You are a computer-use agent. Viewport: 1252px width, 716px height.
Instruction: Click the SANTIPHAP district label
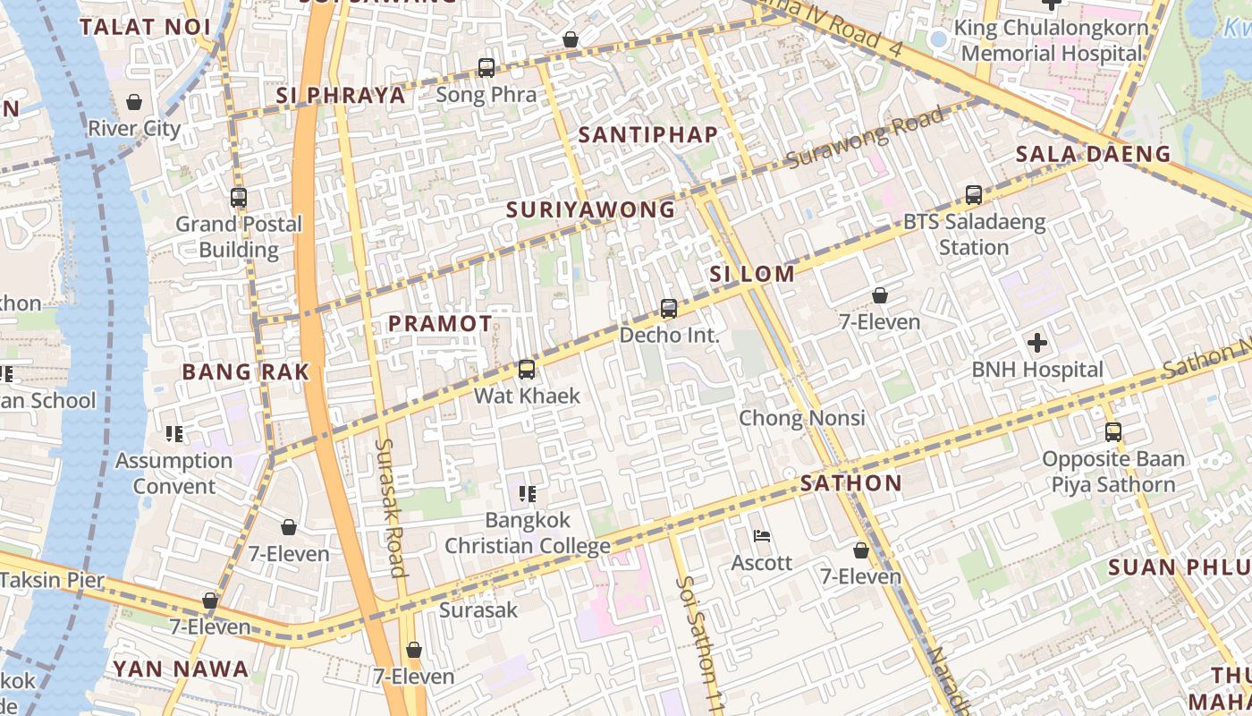(x=647, y=135)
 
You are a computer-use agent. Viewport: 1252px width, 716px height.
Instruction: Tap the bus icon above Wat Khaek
(x=527, y=369)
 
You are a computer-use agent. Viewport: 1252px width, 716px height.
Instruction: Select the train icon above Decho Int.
(x=668, y=309)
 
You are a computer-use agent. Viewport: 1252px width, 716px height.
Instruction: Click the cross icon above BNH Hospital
(x=1037, y=343)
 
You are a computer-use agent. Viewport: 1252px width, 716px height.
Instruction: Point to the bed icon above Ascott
(x=762, y=536)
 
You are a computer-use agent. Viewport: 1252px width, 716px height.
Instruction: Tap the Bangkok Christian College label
(x=528, y=533)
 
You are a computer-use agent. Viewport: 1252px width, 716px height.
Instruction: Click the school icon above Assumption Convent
(x=174, y=434)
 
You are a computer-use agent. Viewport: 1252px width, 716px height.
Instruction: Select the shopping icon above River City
(x=134, y=102)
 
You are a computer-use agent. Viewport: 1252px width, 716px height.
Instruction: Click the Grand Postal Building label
(x=239, y=236)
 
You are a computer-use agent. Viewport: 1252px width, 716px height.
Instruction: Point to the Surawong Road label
(x=865, y=138)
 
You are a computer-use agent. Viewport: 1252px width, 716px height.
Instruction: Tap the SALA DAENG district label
(x=1093, y=154)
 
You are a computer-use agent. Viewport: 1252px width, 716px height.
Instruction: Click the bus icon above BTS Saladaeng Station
(x=974, y=194)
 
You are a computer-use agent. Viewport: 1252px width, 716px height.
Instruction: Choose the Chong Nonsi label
(x=801, y=418)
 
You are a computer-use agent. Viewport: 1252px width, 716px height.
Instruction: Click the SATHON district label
(x=850, y=483)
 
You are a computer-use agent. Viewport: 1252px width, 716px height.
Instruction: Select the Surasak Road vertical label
(x=390, y=507)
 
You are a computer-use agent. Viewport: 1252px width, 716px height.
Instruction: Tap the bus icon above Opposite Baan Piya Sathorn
(x=1112, y=432)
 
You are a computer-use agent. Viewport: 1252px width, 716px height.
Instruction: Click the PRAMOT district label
(x=440, y=324)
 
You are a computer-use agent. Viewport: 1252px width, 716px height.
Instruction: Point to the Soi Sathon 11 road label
(x=700, y=642)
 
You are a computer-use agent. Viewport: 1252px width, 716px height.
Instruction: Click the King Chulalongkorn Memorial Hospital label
(x=1051, y=40)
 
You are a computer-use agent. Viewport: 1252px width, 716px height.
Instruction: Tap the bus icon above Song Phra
(x=486, y=67)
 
